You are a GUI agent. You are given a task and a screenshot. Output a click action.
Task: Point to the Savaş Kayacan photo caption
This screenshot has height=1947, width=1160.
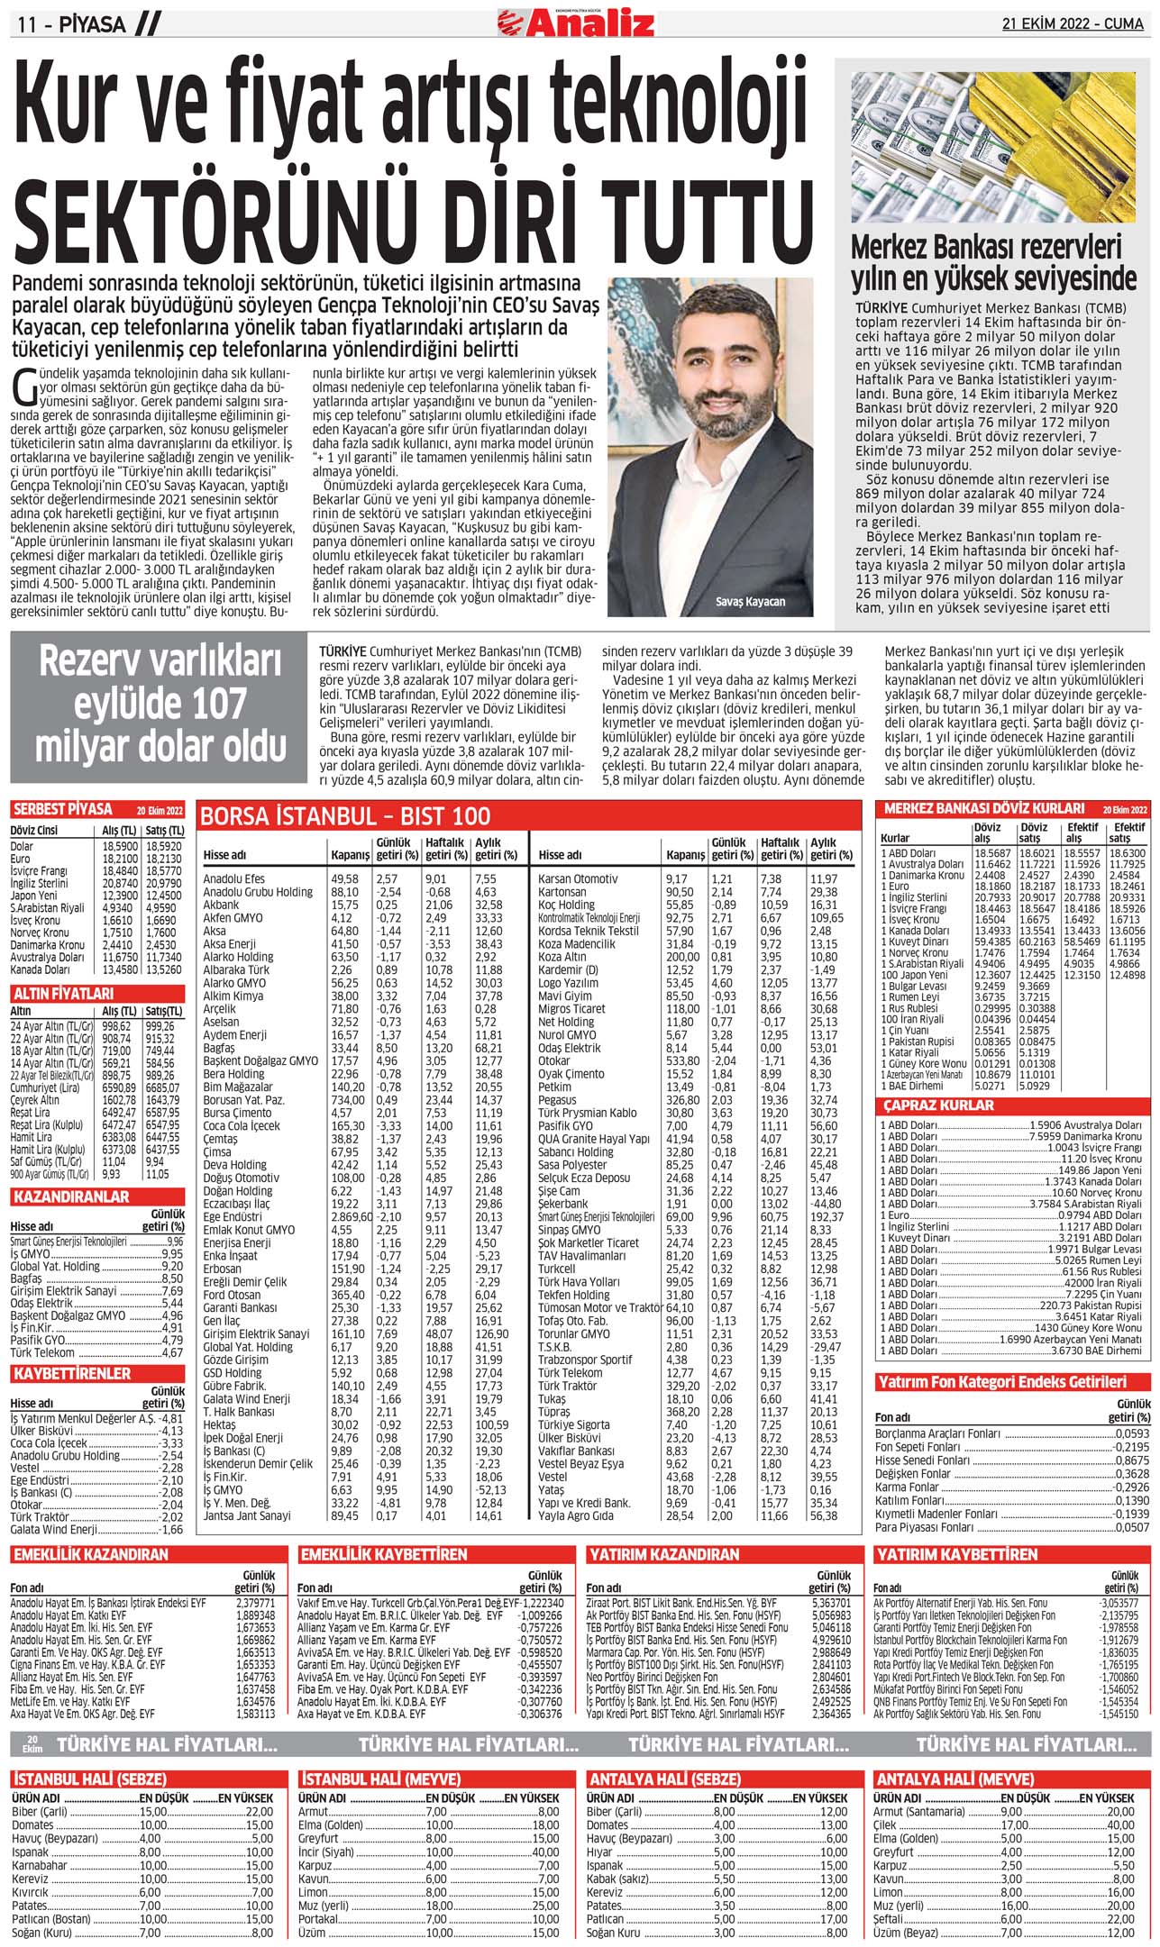[750, 602]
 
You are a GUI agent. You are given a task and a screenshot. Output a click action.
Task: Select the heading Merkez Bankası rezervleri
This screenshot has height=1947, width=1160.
[986, 247]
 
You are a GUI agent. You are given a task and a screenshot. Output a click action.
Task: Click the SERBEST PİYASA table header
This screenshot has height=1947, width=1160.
[63, 809]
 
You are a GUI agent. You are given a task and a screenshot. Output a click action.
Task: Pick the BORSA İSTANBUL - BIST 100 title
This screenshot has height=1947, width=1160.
[346, 816]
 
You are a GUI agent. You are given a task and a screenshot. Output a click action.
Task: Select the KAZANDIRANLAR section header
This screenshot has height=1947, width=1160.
[71, 1197]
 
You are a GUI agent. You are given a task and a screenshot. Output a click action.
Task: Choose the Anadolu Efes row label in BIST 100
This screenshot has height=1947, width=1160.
[234, 878]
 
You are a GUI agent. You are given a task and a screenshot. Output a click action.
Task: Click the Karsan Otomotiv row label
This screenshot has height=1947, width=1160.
[578, 878]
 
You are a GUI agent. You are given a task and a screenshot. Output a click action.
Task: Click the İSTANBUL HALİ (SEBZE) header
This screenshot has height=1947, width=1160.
[90, 1779]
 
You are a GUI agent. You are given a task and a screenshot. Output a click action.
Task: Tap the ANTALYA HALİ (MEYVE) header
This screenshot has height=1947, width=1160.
[955, 1779]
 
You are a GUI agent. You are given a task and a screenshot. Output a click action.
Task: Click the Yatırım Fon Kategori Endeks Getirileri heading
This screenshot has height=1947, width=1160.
[1000, 1381]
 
